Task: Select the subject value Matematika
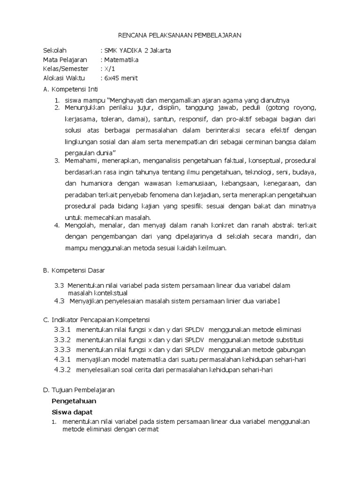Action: pyautogui.click(x=121, y=60)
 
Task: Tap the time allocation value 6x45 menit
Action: pyautogui.click(x=121, y=78)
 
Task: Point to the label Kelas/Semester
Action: pyautogui.click(x=66, y=69)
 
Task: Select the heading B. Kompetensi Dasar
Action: pyautogui.click(x=74, y=270)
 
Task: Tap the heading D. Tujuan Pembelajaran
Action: pyautogui.click(x=82, y=390)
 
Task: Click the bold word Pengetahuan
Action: pyautogui.click(x=74, y=401)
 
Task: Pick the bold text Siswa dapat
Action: pyautogui.click(x=72, y=412)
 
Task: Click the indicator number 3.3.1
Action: pyautogui.click(x=62, y=330)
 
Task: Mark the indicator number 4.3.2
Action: pyautogui.click(x=62, y=370)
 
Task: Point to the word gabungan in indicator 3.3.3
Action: pyautogui.click(x=290, y=350)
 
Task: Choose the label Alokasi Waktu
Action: pyautogui.click(x=65, y=78)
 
